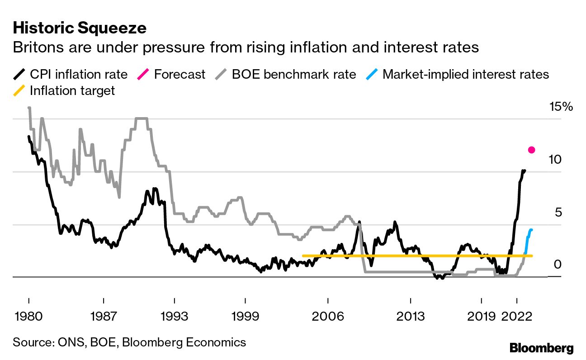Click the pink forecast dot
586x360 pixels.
tap(532, 150)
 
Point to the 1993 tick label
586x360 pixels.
tap(175, 315)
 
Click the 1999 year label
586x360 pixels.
tap(245, 315)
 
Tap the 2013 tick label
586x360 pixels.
tap(410, 315)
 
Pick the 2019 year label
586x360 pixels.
tap(481, 315)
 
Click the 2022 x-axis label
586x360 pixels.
tap(517, 315)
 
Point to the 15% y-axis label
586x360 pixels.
tap(561, 107)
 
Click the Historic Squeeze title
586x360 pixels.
tap(80, 28)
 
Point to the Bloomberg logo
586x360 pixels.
tap(541, 348)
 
